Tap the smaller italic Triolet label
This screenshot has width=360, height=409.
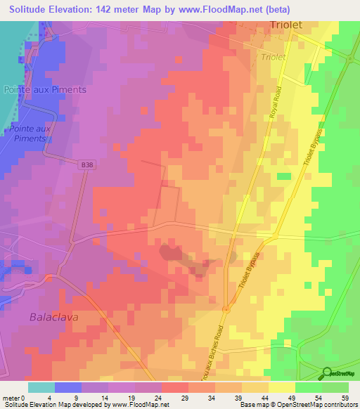click(x=276, y=57)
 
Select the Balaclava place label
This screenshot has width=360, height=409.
click(x=54, y=317)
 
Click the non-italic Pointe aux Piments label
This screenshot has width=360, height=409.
click(x=45, y=89)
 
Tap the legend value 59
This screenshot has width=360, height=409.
click(x=344, y=397)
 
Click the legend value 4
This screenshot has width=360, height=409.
click(x=49, y=397)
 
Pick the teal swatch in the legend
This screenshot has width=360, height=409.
click(x=41, y=387)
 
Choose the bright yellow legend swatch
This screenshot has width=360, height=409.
click(x=281, y=387)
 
